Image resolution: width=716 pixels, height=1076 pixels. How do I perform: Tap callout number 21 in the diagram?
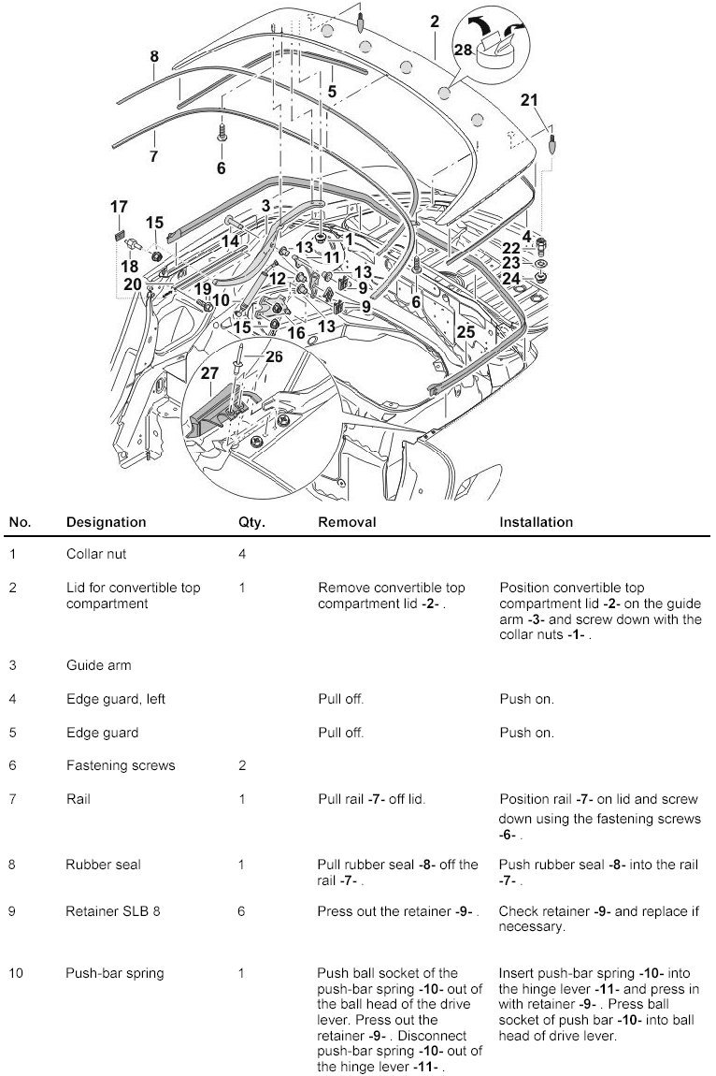pos(529,100)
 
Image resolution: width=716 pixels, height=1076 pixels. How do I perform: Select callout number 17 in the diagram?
pos(119,206)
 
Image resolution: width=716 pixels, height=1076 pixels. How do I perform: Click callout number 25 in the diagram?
pos(465,332)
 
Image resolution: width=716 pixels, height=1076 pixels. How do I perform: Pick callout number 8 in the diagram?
pos(154,56)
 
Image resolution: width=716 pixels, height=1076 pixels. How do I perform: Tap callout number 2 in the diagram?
pos(435,20)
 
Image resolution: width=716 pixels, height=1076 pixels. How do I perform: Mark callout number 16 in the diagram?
pos(296,332)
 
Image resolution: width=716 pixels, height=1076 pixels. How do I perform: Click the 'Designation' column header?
pos(106,522)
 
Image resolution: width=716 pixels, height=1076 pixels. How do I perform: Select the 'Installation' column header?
pos(536,522)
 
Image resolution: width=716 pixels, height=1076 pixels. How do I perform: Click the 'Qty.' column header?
pos(251,522)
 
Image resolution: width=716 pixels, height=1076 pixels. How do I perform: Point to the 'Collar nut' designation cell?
pos(96,554)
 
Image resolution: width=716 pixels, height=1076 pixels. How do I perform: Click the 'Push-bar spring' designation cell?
pos(114,973)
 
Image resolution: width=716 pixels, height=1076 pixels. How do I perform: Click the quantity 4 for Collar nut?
pos(242,554)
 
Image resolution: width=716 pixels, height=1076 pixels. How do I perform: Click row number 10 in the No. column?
pos(17,973)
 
